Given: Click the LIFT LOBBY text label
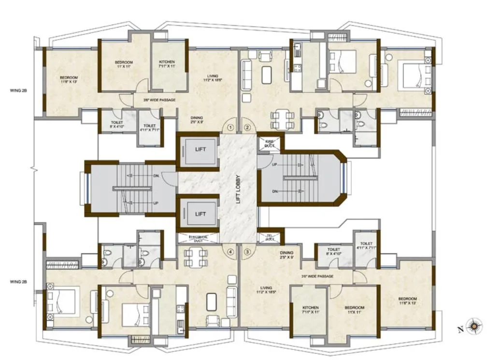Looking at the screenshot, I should tap(238, 189).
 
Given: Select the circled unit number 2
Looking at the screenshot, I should tap(247, 128).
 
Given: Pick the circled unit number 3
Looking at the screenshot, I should tap(247, 251).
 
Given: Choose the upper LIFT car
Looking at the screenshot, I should tap(200, 149).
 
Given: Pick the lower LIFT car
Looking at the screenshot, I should tap(200, 214).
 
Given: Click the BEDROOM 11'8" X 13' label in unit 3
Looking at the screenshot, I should tap(408, 301).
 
